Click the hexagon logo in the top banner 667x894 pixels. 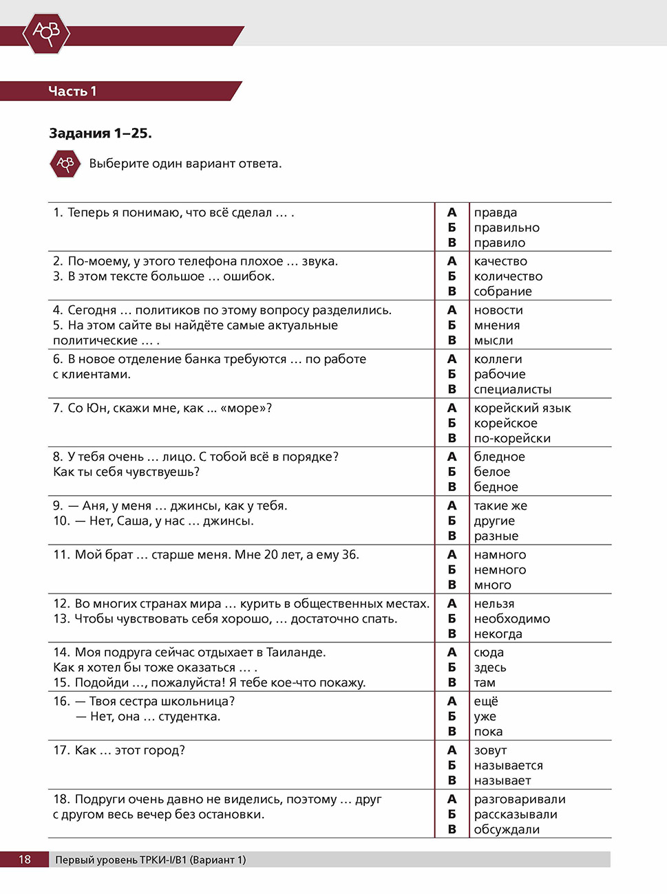point(46,32)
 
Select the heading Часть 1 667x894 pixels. point(72,91)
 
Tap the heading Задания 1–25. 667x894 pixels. point(100,133)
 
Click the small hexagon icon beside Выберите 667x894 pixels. point(65,164)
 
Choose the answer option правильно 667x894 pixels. point(506,228)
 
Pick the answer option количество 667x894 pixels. point(507,276)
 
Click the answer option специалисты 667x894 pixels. point(512,389)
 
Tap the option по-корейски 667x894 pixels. point(511,438)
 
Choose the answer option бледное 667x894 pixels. point(499,457)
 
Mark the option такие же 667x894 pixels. point(500,505)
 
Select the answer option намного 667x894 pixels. point(500,554)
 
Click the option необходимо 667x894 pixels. point(511,619)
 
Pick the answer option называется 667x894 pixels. point(508,765)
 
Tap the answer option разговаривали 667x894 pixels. point(519,799)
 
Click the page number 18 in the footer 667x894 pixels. point(24,860)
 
